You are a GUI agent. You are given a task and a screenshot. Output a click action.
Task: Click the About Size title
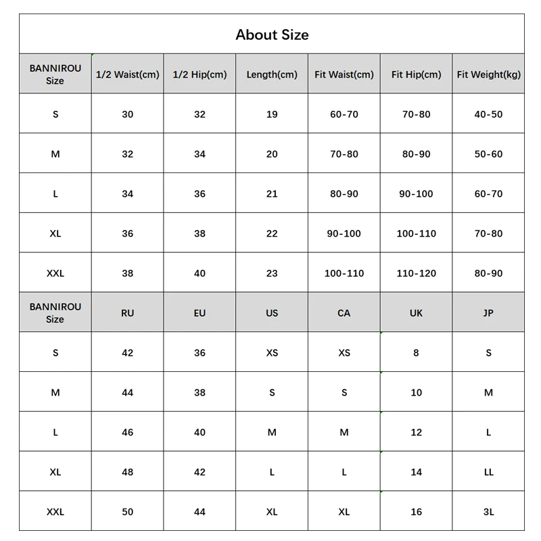click(272, 34)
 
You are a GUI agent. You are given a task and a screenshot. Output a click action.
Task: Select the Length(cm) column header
click(272, 74)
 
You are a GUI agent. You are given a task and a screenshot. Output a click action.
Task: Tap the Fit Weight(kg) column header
click(488, 74)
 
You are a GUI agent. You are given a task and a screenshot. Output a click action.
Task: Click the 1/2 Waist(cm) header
click(128, 74)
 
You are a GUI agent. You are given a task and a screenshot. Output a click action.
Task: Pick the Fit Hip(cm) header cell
click(416, 74)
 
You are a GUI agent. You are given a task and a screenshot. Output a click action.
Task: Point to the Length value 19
click(272, 114)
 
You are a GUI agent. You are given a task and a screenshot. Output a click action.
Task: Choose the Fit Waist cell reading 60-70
click(344, 114)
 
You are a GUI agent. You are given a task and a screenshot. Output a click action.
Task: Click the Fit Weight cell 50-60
click(488, 154)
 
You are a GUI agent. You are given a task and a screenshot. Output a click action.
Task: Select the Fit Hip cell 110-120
click(416, 273)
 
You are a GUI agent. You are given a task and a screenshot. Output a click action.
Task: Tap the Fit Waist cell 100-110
click(344, 273)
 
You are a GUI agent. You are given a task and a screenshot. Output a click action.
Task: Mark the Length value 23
click(272, 273)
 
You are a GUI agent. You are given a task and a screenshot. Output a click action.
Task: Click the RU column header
click(128, 313)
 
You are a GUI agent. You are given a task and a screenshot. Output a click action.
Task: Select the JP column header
click(488, 313)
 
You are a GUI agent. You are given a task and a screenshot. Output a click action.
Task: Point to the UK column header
click(416, 313)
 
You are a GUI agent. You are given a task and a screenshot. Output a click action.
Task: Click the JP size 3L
click(488, 512)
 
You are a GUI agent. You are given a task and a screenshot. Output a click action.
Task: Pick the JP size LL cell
click(488, 472)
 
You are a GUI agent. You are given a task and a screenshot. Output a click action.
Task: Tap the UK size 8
click(416, 353)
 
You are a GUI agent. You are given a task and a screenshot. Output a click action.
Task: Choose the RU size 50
click(128, 512)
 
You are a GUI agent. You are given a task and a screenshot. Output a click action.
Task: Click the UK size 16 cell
click(416, 512)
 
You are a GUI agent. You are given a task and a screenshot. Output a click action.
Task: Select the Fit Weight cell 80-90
click(488, 273)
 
